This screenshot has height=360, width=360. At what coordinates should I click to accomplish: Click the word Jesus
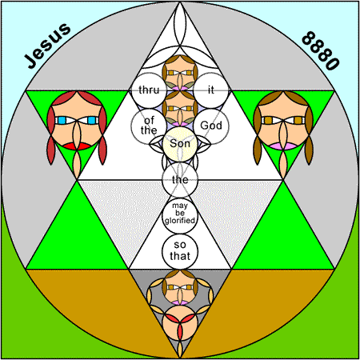tap(47, 46)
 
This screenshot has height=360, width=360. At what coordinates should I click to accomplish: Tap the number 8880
tap(321, 50)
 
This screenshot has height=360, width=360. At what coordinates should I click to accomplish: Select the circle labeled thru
tap(149, 90)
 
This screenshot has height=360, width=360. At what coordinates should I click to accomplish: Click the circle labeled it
tap(211, 90)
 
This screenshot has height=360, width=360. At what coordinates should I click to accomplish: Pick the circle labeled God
tap(211, 126)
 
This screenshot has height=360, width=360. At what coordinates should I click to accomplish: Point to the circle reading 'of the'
tap(149, 126)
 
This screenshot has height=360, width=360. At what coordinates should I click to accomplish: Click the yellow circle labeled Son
tap(180, 144)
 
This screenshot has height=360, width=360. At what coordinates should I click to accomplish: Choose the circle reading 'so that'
tap(180, 251)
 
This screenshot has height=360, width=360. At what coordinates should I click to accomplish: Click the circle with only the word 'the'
tap(180, 180)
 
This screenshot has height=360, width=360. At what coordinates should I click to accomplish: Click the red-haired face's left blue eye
tap(62, 121)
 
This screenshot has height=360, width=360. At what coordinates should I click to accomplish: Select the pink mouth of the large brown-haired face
tap(283, 146)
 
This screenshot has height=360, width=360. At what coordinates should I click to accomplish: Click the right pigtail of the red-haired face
tap(102, 150)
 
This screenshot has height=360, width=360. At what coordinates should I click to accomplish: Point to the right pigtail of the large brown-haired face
tap(309, 150)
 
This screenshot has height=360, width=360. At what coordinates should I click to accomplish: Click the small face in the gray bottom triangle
tap(180, 287)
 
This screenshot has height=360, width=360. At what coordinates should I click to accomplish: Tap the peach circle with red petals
tap(180, 323)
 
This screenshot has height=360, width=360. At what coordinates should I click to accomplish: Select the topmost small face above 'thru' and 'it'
tap(180, 73)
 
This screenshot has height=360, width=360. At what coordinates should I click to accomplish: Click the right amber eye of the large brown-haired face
tap(298, 121)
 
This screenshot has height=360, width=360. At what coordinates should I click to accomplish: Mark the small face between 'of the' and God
tap(180, 108)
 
